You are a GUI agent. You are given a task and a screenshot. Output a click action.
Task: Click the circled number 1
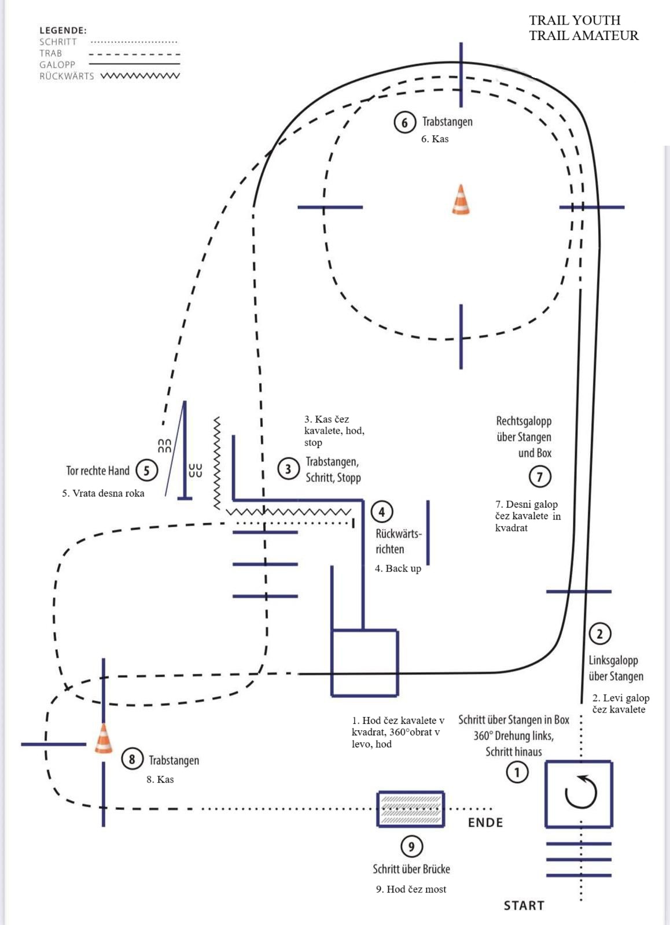(517, 772)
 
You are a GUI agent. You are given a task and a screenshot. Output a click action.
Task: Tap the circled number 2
(600, 634)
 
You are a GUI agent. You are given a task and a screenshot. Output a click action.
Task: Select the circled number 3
(288, 469)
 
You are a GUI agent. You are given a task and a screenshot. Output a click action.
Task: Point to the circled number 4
(381, 512)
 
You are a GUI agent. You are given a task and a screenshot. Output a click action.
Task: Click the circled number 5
(146, 471)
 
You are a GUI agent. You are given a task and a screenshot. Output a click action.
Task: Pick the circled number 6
(404, 122)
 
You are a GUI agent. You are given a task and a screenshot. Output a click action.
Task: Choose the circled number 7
(539, 476)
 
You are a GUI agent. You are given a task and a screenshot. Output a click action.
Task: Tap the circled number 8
(132, 759)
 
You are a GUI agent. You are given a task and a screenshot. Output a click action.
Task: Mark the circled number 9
(411, 846)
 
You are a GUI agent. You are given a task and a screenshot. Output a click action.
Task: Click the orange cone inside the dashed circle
(461, 200)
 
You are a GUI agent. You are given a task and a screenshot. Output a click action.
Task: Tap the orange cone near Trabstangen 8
(104, 739)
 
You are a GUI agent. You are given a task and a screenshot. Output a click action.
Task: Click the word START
(524, 905)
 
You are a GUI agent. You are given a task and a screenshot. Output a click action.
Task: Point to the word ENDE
(485, 823)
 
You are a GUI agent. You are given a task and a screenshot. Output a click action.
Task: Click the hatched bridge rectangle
(410, 809)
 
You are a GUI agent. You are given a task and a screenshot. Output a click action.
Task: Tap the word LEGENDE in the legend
(63, 30)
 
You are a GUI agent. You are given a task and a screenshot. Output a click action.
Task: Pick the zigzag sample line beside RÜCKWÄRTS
(141, 76)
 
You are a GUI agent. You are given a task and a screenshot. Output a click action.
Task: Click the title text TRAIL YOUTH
(575, 20)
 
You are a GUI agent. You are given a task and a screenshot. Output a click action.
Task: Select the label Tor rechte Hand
(98, 471)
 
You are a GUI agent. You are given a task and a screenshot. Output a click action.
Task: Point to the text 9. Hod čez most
(411, 889)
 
